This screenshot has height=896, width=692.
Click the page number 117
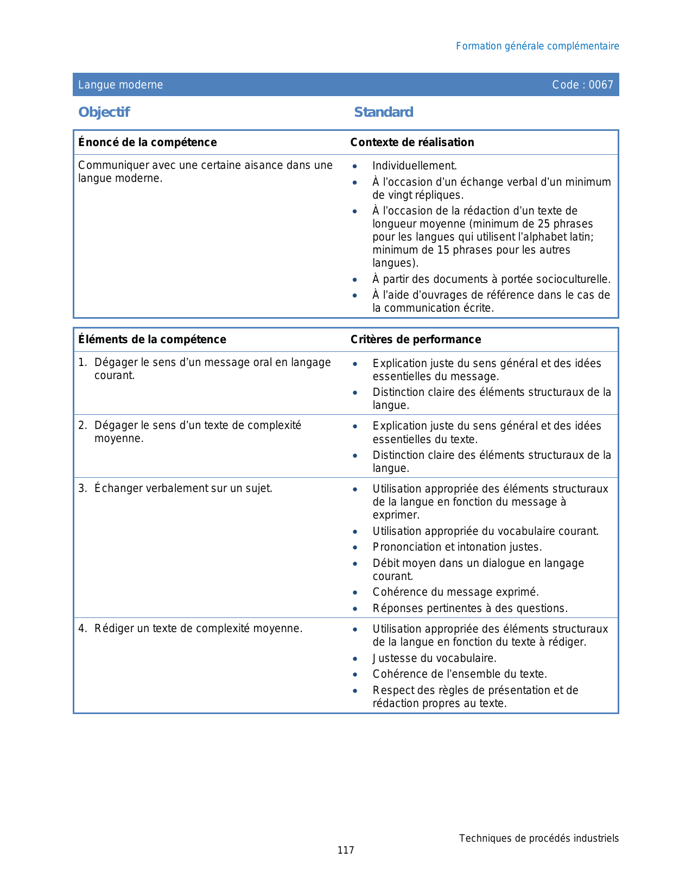(x=346, y=850)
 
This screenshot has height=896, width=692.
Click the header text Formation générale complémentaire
(x=537, y=46)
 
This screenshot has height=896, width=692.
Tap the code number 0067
(x=601, y=85)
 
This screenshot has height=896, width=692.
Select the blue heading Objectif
(x=104, y=112)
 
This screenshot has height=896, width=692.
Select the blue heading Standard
(x=384, y=112)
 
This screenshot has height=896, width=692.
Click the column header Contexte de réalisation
(x=412, y=142)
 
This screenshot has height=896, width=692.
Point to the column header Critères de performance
(x=416, y=339)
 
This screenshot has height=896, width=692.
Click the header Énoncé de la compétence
(x=148, y=142)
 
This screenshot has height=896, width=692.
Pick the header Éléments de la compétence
(x=152, y=339)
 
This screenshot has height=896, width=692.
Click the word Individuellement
(x=414, y=166)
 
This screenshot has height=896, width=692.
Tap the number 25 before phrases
(x=544, y=224)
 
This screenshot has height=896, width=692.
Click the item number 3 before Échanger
(x=82, y=488)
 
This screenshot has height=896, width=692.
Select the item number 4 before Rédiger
(x=82, y=628)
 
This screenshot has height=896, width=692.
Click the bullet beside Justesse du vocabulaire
(x=355, y=659)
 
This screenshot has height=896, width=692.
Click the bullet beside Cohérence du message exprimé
(x=355, y=592)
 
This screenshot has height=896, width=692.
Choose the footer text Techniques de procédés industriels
(x=539, y=838)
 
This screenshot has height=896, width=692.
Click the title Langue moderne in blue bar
(x=120, y=85)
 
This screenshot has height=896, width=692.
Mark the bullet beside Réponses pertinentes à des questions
(x=355, y=609)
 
